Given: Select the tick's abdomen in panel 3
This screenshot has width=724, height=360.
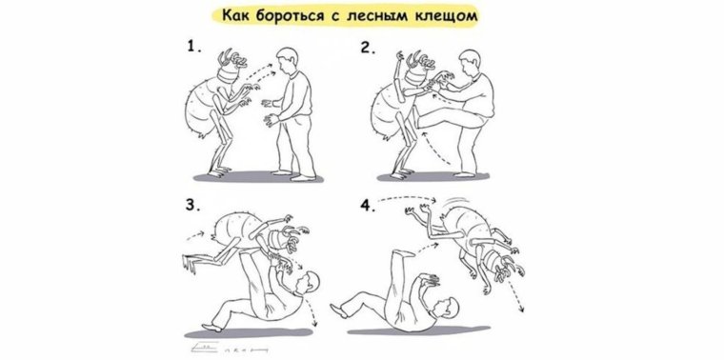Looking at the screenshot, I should pyautogui.click(x=238, y=227).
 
